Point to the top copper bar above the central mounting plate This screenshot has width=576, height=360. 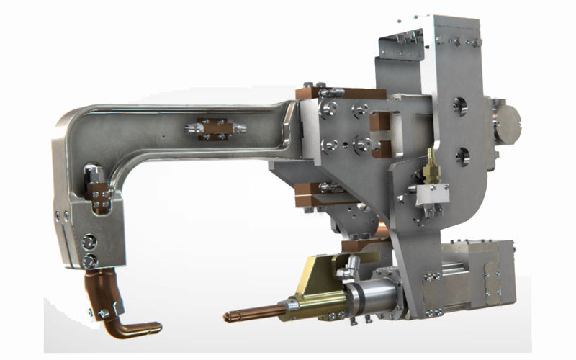coord(339,94)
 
